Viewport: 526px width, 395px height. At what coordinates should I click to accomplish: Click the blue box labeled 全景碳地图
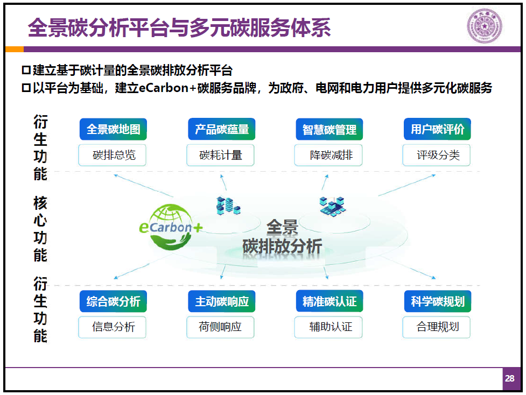(x=113, y=129)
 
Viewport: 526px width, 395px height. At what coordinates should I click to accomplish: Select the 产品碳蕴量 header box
(x=221, y=129)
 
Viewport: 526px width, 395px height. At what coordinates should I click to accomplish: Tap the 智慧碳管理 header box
(x=329, y=129)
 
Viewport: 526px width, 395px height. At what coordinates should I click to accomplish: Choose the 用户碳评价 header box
(x=437, y=129)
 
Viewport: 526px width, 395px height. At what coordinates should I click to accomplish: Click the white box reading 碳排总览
(x=112, y=155)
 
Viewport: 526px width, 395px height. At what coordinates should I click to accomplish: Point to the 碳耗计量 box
(x=220, y=155)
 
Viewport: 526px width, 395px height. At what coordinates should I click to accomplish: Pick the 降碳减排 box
(x=328, y=155)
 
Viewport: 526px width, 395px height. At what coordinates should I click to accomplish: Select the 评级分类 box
(x=436, y=155)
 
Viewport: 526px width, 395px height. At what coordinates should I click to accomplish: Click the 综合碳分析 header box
(x=113, y=301)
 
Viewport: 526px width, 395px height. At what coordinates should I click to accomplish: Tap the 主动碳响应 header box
(x=221, y=301)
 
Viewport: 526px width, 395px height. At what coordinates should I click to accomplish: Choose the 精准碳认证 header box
(x=329, y=301)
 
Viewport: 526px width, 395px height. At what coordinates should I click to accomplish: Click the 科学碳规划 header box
(x=437, y=301)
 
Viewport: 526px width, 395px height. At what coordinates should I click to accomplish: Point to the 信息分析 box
(x=112, y=327)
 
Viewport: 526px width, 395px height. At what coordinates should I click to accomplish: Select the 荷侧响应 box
(x=220, y=327)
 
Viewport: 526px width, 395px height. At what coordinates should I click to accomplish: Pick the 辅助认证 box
(x=328, y=327)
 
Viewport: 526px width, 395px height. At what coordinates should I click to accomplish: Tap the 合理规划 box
(x=436, y=327)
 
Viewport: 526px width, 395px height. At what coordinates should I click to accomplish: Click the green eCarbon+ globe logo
(x=171, y=227)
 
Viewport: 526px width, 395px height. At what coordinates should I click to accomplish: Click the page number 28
(x=509, y=378)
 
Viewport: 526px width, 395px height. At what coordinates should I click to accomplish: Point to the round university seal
(x=485, y=26)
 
